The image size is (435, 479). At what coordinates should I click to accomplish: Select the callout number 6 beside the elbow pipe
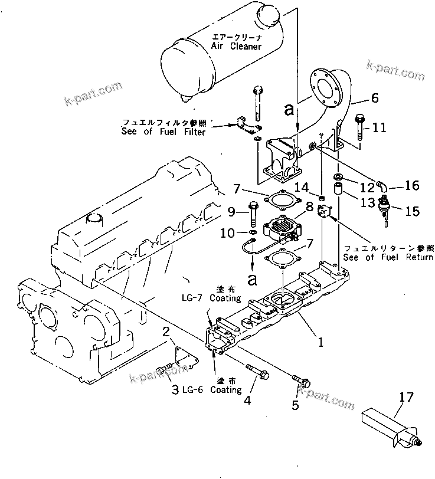[x=374, y=99]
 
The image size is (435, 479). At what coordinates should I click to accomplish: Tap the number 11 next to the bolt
[x=379, y=126]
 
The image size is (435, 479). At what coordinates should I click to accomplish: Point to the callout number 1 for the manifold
[x=320, y=341]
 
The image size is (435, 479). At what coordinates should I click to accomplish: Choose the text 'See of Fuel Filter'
[x=163, y=132]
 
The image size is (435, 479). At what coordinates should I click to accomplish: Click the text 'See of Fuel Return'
[x=388, y=257]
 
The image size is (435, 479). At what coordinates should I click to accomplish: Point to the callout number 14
[x=302, y=188]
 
